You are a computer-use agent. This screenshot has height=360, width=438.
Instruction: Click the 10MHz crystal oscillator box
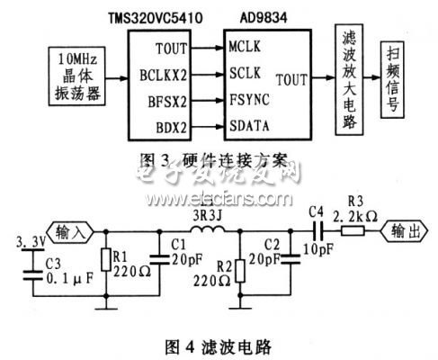(x=77, y=75)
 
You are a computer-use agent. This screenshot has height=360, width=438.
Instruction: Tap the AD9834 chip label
(x=260, y=19)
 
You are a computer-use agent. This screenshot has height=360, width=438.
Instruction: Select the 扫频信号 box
(x=396, y=77)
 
